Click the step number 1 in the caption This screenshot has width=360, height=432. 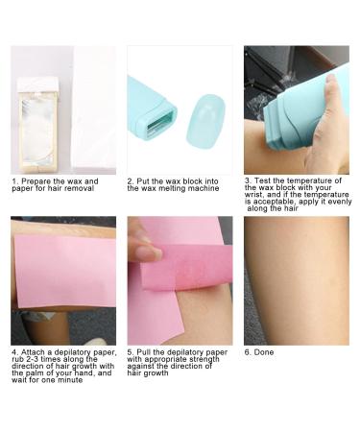[x=14, y=180]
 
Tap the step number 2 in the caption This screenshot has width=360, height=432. [x=130, y=180]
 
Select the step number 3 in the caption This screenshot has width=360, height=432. [x=247, y=180]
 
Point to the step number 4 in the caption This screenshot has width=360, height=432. [x=14, y=352]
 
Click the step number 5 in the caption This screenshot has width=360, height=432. [x=131, y=352]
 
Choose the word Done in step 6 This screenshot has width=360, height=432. [x=264, y=352]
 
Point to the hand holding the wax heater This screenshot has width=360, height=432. [x=330, y=125]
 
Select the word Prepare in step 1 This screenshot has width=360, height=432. [x=34, y=180]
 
